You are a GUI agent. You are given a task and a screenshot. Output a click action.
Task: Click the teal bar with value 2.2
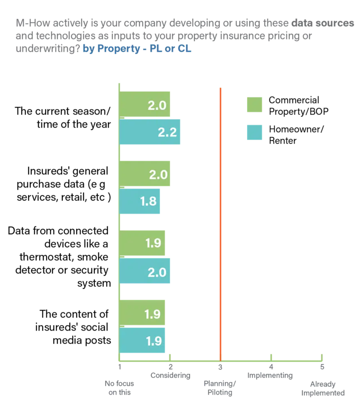pos(150,132)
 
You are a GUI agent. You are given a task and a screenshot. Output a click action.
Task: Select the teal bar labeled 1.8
pos(139,202)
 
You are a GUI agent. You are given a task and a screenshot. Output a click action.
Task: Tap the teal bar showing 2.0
pos(144,272)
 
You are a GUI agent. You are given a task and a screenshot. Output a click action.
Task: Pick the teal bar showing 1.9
pos(142,340)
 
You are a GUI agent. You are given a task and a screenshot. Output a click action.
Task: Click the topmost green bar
pos(144,105)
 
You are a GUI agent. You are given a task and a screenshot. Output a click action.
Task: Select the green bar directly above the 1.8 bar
pos(144,174)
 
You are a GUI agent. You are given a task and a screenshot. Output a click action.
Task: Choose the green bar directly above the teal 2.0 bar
pos(143,244)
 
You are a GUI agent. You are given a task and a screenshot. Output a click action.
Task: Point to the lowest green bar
pos(143,313)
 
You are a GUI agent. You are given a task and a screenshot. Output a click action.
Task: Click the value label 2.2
pos(167,132)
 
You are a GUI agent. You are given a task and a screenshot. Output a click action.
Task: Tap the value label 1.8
pos(148,202)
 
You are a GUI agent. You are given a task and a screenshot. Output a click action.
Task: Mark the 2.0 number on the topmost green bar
pos(157,105)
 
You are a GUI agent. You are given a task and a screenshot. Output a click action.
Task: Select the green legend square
pos(255,105)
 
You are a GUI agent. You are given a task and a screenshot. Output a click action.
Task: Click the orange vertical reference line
pos(220,221)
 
